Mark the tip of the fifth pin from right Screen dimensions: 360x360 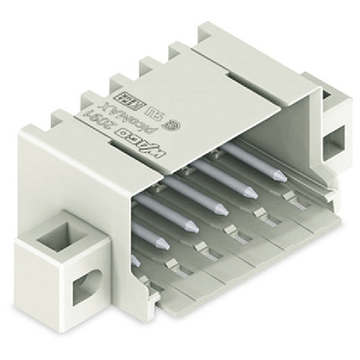click(x=160, y=245)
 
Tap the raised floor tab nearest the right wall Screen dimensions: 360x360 click(x=290, y=196)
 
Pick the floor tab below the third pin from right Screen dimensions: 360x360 click(x=231, y=231)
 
